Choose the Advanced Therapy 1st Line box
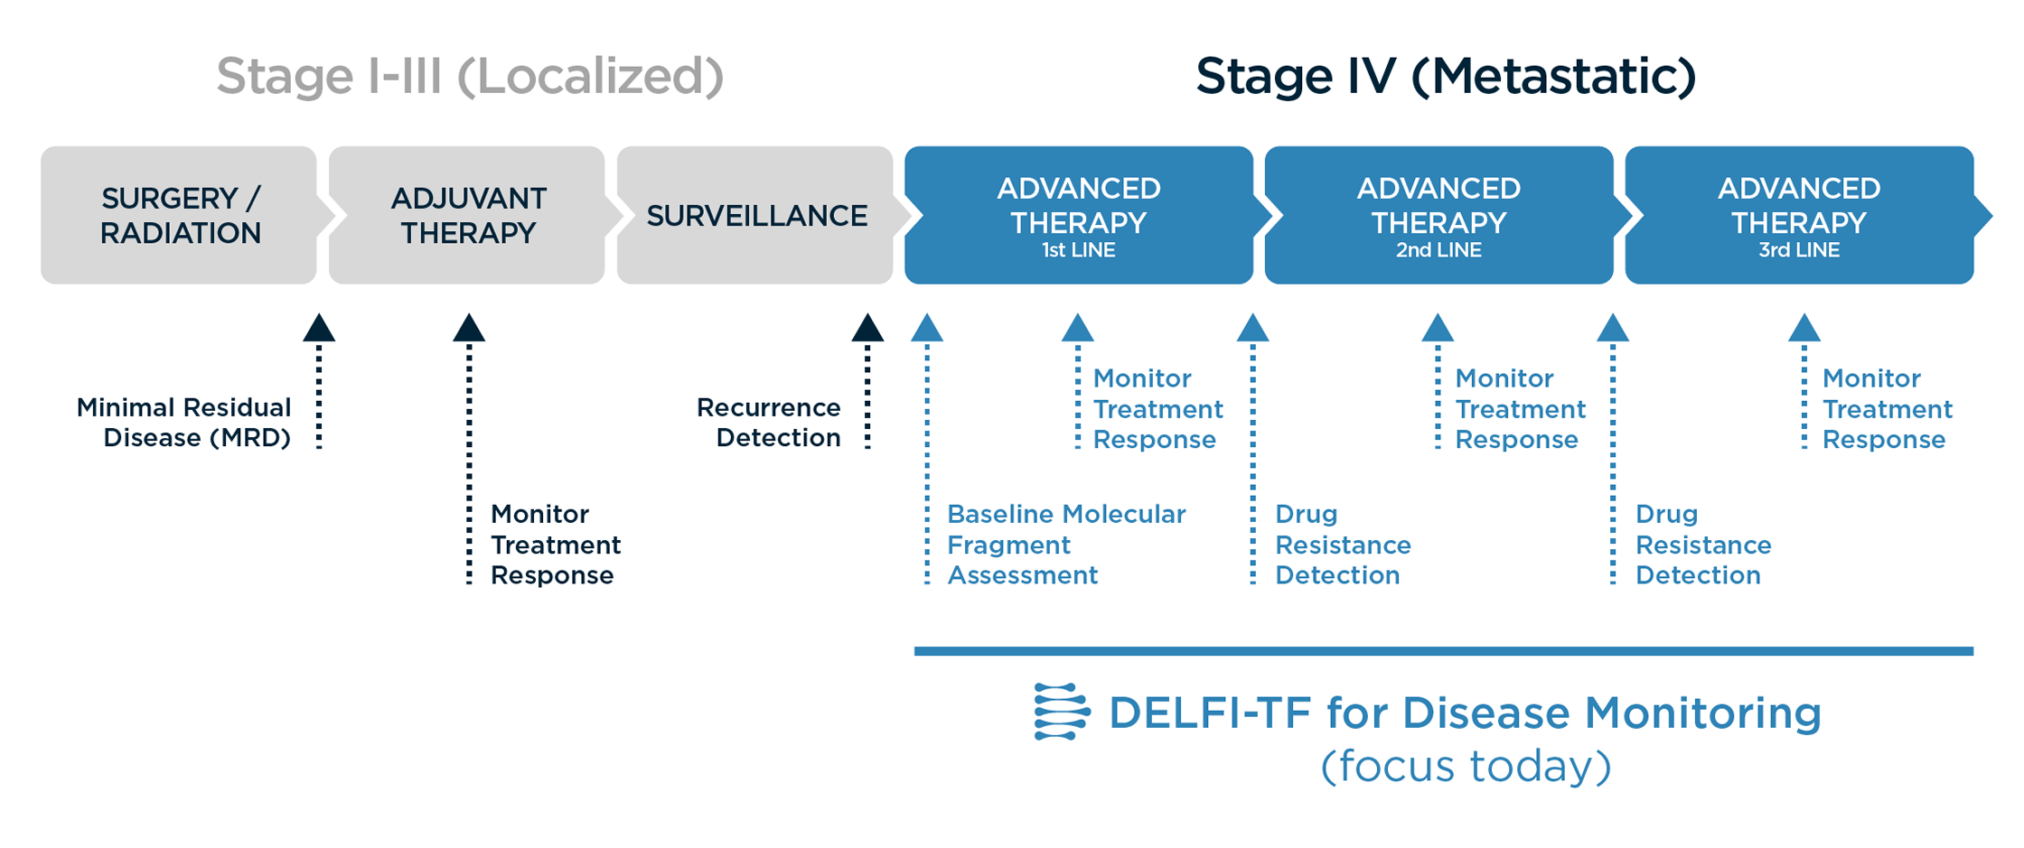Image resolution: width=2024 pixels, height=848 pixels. tap(1079, 215)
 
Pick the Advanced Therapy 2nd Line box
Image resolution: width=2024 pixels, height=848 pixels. tap(1438, 215)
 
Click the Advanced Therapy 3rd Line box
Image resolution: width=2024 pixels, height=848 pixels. tap(1799, 215)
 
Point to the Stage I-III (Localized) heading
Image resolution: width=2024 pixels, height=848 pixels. tap(470, 76)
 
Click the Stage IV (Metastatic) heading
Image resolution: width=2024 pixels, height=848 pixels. tap(1446, 76)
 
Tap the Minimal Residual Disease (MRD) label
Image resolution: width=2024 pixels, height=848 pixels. tap(183, 423)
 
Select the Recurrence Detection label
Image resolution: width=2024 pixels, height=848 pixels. tap(769, 423)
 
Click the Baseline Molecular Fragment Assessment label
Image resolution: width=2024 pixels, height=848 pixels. tap(1066, 545)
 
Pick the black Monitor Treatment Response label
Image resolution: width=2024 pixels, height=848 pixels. tap(556, 545)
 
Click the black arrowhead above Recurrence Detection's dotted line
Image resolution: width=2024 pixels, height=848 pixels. tap(867, 328)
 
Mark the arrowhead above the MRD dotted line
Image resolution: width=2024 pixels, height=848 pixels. tap(319, 328)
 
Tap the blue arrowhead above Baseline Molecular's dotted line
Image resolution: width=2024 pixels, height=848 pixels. tap(927, 328)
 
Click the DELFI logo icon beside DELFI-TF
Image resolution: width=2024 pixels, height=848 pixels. tap(1062, 712)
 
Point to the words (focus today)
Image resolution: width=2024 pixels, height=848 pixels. tap(1466, 767)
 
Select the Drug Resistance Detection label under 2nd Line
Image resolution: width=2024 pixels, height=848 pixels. tap(1343, 545)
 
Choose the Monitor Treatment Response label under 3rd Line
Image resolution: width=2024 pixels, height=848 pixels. tap(1887, 409)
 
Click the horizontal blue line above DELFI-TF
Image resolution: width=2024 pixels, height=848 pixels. tap(1444, 651)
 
